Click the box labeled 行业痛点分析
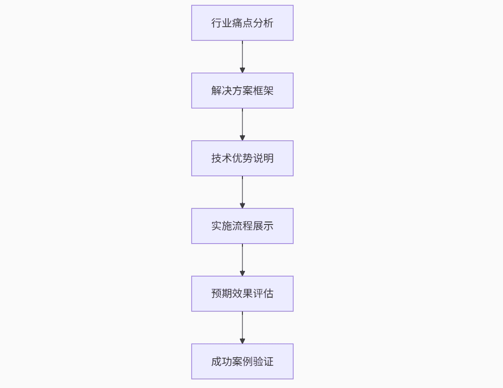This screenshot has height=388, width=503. coord(242,23)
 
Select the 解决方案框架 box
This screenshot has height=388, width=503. coord(242,91)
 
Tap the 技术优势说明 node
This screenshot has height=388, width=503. coord(242,158)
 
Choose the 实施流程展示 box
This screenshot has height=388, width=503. coord(242,226)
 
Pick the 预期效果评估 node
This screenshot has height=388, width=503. coord(242,294)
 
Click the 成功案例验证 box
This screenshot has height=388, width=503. coord(242,361)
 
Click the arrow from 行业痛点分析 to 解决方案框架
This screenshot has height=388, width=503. coord(242,57)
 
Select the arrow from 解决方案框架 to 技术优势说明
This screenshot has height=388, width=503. coord(242,125)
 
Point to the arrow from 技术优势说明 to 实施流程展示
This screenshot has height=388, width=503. coord(242,192)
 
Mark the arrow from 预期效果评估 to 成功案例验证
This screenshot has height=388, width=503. coord(242,328)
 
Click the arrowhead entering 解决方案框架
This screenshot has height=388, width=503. coord(242,70)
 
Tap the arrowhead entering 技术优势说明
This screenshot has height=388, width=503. coord(242,138)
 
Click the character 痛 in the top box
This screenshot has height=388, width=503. coord(237,23)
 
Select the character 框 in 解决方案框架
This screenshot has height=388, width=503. coord(258,91)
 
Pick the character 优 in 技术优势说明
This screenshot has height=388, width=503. coord(237,158)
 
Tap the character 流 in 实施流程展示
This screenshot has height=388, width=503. coord(237,226)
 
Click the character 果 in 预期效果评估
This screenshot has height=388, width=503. coord(247,294)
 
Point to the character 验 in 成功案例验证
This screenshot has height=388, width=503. coord(258,361)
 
